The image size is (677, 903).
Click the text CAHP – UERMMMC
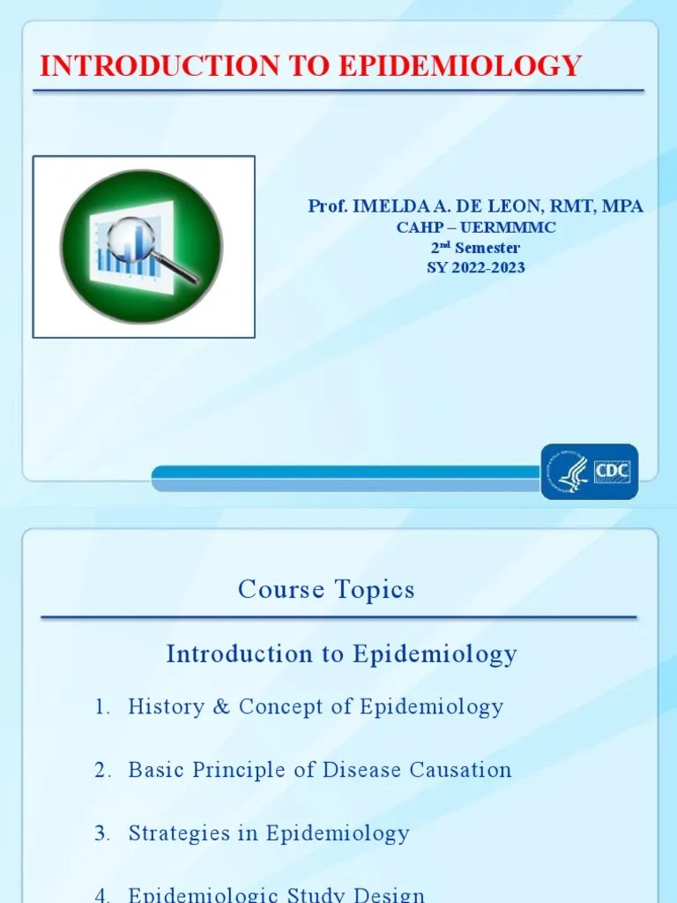475,228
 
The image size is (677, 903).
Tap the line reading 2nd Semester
475,248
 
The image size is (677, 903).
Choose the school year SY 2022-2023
475,267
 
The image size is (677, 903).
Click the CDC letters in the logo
612,472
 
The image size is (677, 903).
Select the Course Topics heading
326,589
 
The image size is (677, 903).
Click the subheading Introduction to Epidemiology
341,653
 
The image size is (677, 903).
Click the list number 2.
102,770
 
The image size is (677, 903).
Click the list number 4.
102,895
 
